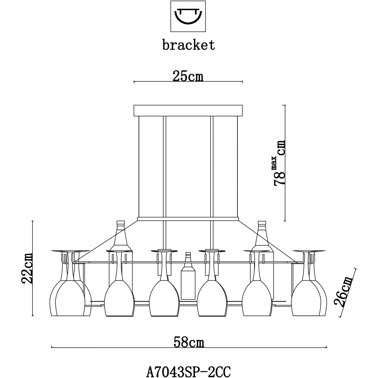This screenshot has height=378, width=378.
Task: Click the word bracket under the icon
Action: tap(188, 45)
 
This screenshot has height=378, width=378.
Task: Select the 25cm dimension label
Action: tap(188, 76)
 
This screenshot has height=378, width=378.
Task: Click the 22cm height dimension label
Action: tap(27, 268)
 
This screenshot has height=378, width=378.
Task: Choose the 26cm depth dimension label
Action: tap(343, 292)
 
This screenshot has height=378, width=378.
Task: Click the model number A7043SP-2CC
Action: tap(188, 371)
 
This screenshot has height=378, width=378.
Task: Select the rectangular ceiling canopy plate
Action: tap(188, 110)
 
